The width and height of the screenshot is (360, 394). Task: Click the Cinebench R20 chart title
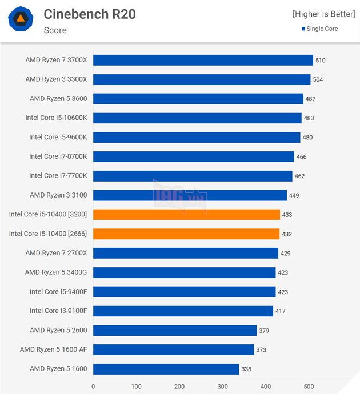(x=90, y=14)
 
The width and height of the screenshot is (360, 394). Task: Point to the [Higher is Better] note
(x=323, y=14)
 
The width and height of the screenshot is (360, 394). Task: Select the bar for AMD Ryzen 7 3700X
(x=203, y=60)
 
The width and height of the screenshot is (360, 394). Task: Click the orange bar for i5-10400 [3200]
(x=186, y=215)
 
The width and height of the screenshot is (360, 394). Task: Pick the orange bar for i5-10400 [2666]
(x=186, y=234)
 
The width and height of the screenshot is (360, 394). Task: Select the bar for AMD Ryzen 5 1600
(x=166, y=369)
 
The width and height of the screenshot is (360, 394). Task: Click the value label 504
(x=318, y=79)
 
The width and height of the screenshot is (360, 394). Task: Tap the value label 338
(x=246, y=369)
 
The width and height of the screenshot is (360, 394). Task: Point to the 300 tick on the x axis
(x=222, y=386)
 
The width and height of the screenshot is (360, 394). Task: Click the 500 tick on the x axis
(x=309, y=386)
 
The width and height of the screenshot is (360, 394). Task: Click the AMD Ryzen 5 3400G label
(x=56, y=272)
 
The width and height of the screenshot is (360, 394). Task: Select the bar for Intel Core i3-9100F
(x=183, y=311)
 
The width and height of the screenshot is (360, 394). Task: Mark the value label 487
(x=310, y=99)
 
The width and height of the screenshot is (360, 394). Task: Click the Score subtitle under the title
(x=55, y=30)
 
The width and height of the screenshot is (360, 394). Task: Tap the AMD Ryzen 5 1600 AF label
(x=53, y=349)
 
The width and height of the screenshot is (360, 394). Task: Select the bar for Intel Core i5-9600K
(x=197, y=137)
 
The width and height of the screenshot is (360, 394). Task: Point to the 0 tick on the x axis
(x=93, y=386)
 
